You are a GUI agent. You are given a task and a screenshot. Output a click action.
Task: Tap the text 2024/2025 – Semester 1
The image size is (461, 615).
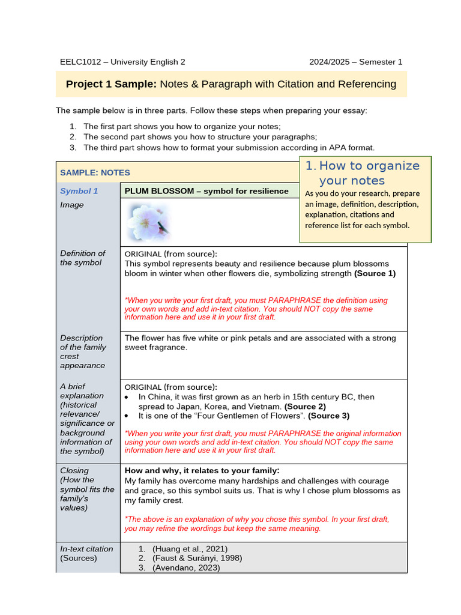pyautogui.click(x=355, y=62)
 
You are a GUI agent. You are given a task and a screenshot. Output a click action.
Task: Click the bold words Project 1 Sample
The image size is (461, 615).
pyautogui.click(x=111, y=84)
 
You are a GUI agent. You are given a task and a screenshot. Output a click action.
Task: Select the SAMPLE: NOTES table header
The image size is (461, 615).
pyautogui.click(x=95, y=172)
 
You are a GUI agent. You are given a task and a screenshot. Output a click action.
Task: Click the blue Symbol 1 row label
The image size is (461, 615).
pyautogui.click(x=79, y=191)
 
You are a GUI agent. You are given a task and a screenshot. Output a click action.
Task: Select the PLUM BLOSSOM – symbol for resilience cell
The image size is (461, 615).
pyautogui.click(x=206, y=191)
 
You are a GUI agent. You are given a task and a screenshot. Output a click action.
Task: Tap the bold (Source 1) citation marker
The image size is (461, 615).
pyautogui.click(x=375, y=273)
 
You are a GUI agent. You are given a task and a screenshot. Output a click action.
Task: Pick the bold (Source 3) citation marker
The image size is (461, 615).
pyautogui.click(x=328, y=416)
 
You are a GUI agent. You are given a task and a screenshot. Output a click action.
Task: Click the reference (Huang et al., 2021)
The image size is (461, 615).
pyautogui.click(x=190, y=548)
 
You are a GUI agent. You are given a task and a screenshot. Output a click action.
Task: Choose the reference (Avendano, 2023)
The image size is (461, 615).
pyautogui.click(x=186, y=568)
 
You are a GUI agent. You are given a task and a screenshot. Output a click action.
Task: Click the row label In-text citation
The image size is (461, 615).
pyautogui.click(x=86, y=548)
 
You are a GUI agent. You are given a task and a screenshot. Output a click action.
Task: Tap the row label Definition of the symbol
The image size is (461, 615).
pyautogui.click(x=82, y=258)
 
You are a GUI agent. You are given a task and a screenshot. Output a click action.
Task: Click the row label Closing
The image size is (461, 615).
pyautogui.click(x=74, y=470)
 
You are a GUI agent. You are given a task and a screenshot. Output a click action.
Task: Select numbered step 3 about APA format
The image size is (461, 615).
pyautogui.click(x=229, y=147)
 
